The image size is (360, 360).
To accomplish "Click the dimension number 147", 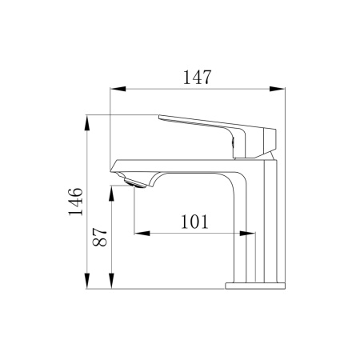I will click(196, 78).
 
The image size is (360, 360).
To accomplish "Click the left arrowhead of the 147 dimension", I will click(111, 87).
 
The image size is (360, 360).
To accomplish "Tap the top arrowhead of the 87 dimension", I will click(112, 190).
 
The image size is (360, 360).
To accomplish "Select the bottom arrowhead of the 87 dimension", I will click(112, 283).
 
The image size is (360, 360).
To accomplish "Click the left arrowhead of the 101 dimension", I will click(138, 234).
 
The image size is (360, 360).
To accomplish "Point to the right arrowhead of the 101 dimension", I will click(250, 234).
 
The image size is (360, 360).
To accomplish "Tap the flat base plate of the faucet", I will click(254, 285).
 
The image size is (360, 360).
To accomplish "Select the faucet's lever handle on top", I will click(216, 128).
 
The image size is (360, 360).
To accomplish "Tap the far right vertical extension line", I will click(286, 184).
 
